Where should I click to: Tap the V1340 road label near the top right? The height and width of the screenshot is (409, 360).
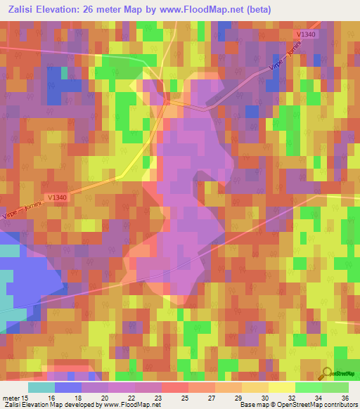307,34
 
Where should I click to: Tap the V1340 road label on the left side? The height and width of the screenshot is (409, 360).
60,197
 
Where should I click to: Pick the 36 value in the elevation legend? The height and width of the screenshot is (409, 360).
345,398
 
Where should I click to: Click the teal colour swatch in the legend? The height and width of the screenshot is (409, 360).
41,387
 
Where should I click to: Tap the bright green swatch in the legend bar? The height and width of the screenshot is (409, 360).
308,387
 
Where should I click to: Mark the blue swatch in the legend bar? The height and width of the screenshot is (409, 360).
67,387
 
